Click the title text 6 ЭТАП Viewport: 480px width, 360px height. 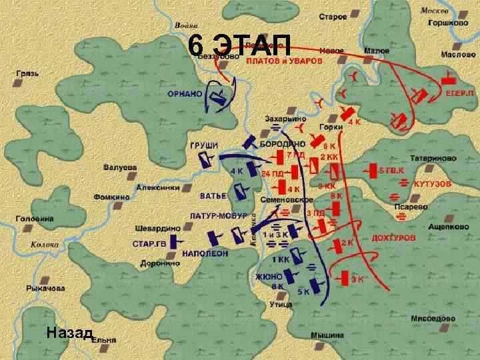click(239, 45)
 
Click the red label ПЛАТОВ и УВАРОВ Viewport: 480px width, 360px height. click(284, 60)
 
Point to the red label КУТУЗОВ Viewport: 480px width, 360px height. click(433, 183)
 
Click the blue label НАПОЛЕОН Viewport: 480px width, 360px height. click(208, 254)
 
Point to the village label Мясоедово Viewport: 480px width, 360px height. click(433, 317)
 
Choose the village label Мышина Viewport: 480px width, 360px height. click(327, 335)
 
